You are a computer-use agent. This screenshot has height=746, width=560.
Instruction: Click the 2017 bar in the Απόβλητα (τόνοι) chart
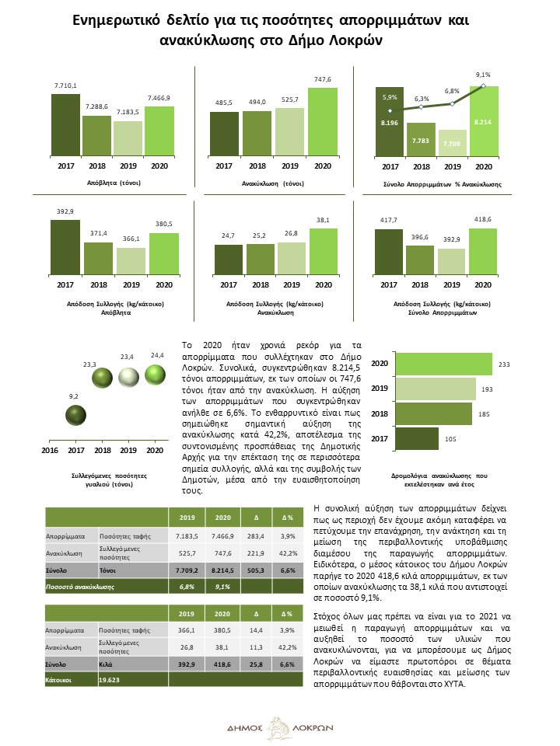[x=65, y=124]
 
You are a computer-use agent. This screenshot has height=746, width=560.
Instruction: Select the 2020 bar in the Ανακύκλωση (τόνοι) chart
[x=322, y=122]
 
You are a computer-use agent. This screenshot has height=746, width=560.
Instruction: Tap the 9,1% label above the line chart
[x=483, y=75]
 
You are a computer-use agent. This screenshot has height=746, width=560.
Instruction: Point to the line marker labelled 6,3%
[x=421, y=107]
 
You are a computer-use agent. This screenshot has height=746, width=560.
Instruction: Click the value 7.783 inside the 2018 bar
[x=421, y=141]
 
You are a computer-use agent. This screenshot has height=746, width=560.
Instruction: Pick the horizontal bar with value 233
[x=444, y=364]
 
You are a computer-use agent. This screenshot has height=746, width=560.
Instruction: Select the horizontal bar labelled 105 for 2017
[x=417, y=438]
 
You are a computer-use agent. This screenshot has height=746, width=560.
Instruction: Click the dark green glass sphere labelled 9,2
[x=75, y=415]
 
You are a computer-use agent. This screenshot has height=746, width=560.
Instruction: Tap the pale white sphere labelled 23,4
[x=128, y=378]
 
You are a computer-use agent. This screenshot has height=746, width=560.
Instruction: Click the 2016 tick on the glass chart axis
[x=50, y=450]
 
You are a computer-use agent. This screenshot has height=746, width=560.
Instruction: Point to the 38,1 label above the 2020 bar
[x=323, y=220]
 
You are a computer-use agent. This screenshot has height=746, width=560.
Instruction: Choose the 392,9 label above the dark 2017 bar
[x=65, y=211]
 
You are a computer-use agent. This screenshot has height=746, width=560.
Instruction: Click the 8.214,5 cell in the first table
[x=222, y=570]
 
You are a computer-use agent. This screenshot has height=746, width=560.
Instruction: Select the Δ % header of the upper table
[x=288, y=518]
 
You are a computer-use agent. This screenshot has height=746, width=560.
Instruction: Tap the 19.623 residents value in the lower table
[x=109, y=680]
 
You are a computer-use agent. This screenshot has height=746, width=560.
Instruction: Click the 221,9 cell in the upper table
[x=256, y=553]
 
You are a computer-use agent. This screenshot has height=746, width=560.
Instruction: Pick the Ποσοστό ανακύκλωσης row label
[x=80, y=587]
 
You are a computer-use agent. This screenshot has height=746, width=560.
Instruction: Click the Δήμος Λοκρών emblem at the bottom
[x=279, y=728]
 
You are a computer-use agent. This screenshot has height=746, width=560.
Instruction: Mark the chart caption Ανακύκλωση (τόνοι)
[x=273, y=183]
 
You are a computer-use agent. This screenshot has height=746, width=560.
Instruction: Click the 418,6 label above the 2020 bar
[x=483, y=219]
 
